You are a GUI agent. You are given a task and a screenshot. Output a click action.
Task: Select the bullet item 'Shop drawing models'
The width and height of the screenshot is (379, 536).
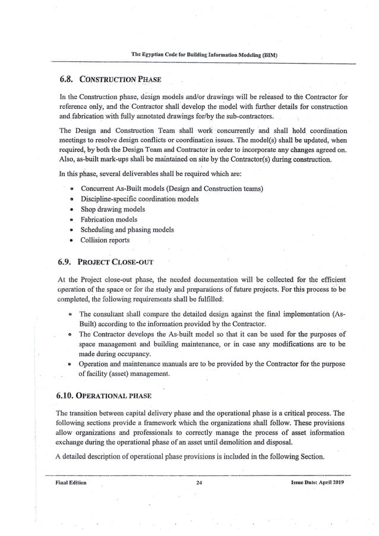coord(113,209)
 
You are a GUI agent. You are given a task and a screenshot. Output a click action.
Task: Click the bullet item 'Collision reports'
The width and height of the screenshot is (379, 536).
coord(105,240)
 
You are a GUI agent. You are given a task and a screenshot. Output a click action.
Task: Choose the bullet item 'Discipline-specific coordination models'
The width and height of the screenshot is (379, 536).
coord(140,198)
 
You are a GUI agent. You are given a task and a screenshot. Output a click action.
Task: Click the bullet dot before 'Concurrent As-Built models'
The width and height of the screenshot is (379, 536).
coord(71,189)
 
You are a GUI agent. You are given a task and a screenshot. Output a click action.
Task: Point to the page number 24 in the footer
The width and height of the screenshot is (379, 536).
coord(200,483)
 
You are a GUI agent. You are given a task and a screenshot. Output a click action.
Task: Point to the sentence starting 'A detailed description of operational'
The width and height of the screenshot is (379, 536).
coord(190,456)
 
